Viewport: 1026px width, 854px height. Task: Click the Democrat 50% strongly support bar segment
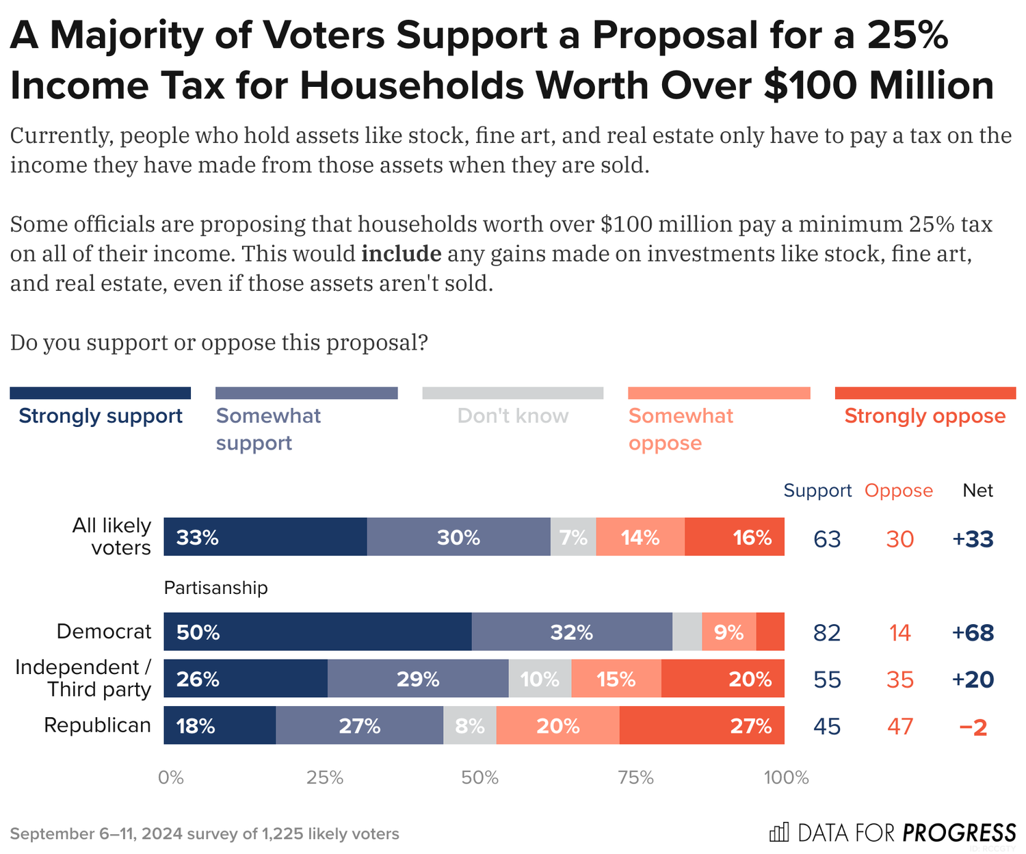click(x=317, y=632)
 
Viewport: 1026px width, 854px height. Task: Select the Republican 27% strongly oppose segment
click(x=702, y=725)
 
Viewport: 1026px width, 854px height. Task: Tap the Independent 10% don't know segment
click(x=540, y=679)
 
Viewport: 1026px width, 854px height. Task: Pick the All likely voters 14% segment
click(x=640, y=537)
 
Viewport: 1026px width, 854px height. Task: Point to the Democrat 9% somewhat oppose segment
click(x=729, y=632)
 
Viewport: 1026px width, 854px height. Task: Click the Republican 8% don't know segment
click(x=470, y=725)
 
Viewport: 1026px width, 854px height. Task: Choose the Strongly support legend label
click(x=101, y=416)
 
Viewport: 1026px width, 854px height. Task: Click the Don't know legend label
click(x=513, y=416)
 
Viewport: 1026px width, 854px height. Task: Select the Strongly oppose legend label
click(x=925, y=416)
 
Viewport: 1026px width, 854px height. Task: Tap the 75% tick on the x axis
click(x=636, y=777)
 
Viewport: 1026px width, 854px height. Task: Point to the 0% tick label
click(x=171, y=777)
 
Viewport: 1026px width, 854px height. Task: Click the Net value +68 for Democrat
click(x=973, y=632)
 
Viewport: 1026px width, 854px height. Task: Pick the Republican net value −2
click(x=973, y=726)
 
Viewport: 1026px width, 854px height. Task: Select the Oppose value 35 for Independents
click(x=899, y=680)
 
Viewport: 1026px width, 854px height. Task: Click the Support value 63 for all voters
click(x=827, y=539)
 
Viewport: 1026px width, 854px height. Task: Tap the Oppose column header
click(x=899, y=491)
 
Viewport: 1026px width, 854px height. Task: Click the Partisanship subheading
click(x=216, y=588)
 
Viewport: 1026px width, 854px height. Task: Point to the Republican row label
click(x=97, y=725)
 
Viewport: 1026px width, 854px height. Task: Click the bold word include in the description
click(x=402, y=254)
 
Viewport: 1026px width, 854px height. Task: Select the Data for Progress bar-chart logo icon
click(x=779, y=832)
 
